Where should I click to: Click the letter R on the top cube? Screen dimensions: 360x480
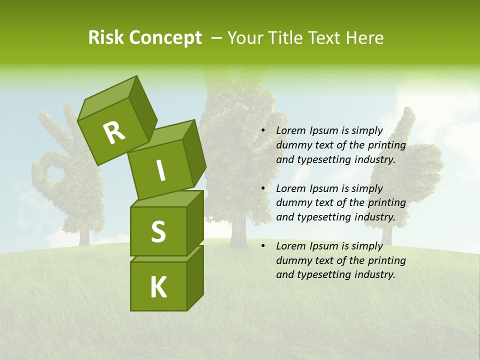[x=114, y=133]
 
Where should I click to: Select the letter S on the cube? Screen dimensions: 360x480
[x=158, y=231]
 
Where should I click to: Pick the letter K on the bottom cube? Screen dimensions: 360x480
[x=158, y=287]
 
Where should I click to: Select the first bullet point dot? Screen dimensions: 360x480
[x=263, y=131]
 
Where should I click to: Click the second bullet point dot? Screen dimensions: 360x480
[x=263, y=189]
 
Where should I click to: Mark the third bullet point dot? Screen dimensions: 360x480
[x=263, y=246]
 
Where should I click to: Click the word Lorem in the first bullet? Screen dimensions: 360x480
[x=291, y=131]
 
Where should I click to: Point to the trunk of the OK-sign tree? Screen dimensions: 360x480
[x=84, y=235]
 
